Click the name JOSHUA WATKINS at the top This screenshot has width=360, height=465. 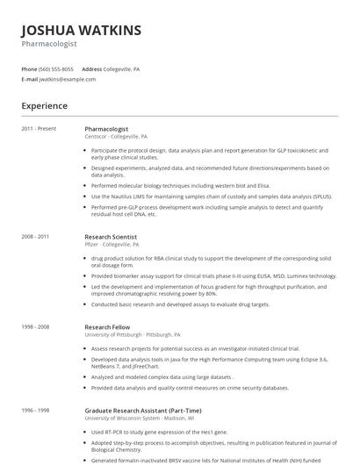(81, 31)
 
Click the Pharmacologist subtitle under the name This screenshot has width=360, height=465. (49, 43)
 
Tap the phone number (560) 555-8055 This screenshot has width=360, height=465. (57, 68)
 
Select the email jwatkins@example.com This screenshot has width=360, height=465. (68, 79)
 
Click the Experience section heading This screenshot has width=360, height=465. (45, 106)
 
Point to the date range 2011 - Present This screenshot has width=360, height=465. (39, 129)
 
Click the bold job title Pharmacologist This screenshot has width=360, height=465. (105, 129)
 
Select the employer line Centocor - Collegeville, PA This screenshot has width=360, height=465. (116, 137)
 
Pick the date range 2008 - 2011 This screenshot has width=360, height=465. (36, 237)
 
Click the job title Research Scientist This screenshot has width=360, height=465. (111, 237)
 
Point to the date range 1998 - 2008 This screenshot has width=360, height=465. (36, 326)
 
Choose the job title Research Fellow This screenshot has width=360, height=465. (107, 326)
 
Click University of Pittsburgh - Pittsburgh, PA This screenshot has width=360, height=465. (133, 334)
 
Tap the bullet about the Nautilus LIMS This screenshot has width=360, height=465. (211, 197)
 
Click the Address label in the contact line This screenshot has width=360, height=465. (91, 68)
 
